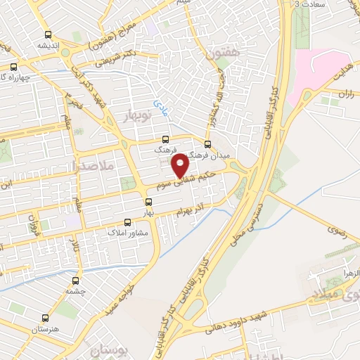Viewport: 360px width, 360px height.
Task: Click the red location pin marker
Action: [181, 165]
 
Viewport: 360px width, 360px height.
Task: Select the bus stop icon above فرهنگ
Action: [165, 139]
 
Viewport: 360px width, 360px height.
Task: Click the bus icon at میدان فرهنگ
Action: [207, 143]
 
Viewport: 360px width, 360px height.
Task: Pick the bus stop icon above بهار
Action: [147, 201]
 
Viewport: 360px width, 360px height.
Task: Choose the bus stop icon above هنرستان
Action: [47, 317]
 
